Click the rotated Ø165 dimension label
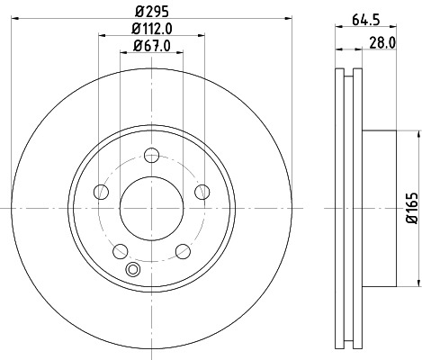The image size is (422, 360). click(410, 208)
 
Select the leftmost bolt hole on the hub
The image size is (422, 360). click(100, 192)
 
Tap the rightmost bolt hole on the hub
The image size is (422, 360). click(202, 192)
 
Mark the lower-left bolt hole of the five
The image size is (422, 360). click(119, 251)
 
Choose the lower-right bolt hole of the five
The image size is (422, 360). click(183, 251)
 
